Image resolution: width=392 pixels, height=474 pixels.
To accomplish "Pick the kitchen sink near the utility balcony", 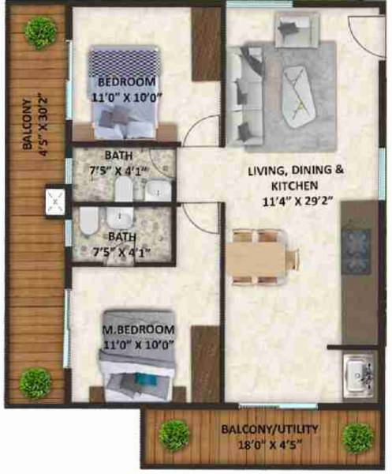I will (x=359, y=372).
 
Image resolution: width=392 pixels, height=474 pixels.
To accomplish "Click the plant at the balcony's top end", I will (x=37, y=32).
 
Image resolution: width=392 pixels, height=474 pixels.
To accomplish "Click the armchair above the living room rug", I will (x=292, y=30).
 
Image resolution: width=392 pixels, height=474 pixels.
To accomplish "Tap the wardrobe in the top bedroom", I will (x=207, y=44).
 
